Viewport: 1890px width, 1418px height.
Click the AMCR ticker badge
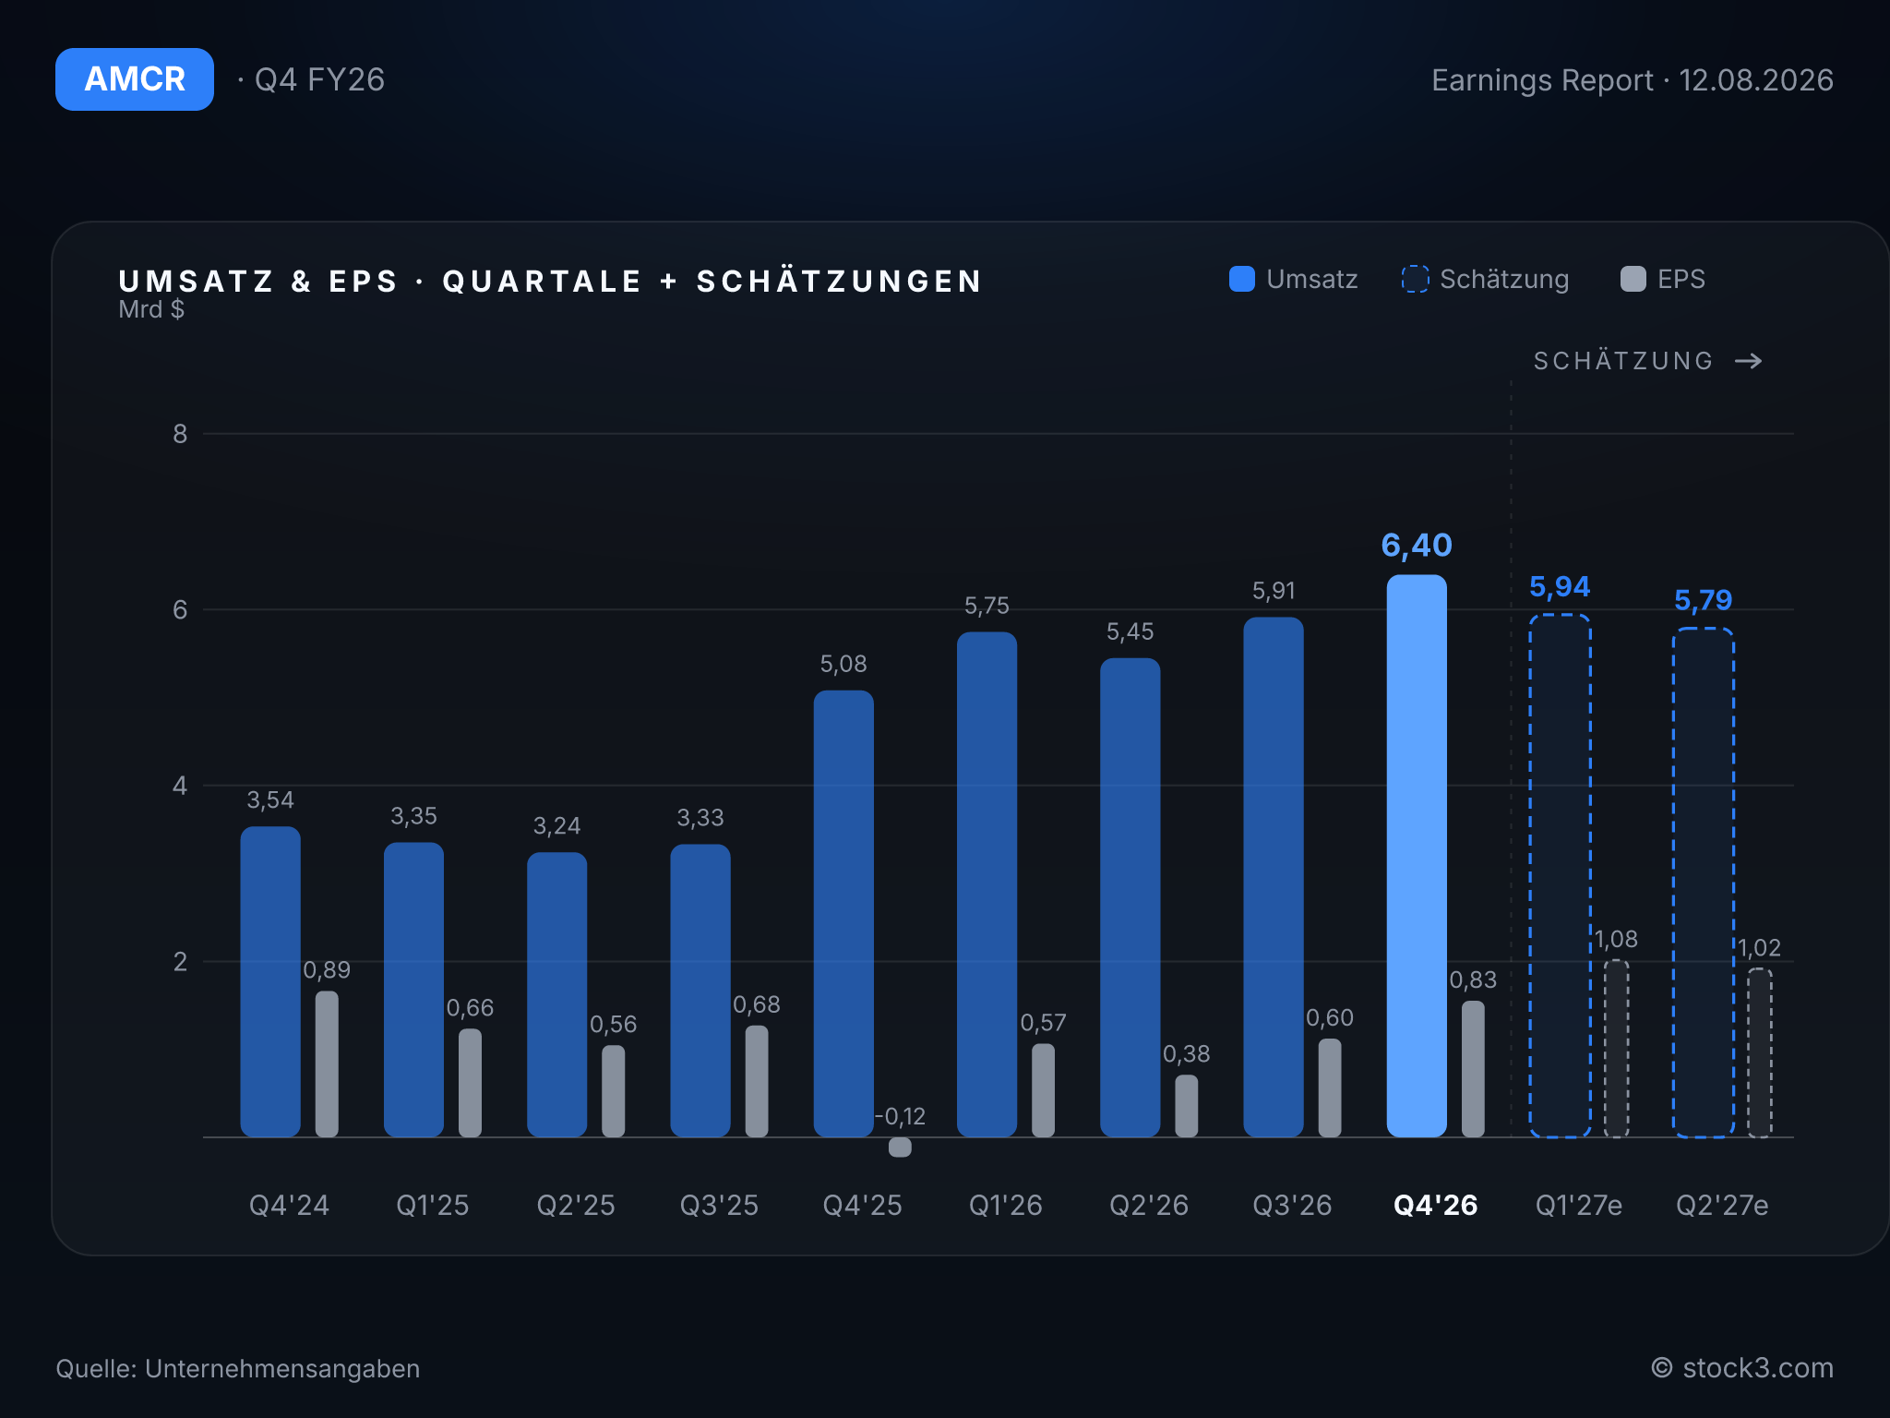(x=135, y=79)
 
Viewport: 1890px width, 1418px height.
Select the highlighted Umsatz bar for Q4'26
(x=1417, y=856)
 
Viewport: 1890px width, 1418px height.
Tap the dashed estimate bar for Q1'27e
(x=1560, y=876)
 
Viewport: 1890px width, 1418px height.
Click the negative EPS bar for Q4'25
(x=900, y=1147)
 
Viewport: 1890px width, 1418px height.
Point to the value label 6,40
(x=1417, y=546)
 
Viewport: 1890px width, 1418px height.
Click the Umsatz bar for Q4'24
(x=270, y=981)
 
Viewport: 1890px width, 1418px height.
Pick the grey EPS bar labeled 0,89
(x=327, y=1063)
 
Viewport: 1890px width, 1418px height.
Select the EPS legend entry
(x=1663, y=279)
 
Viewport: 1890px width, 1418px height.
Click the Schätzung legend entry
(x=1485, y=279)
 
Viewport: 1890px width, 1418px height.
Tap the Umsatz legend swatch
(x=1242, y=279)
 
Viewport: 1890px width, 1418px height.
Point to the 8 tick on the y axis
(x=180, y=434)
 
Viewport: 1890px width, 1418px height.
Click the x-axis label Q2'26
(x=1149, y=1205)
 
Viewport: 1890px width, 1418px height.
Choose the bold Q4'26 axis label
(x=1435, y=1205)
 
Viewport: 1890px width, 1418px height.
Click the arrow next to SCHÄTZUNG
(x=1749, y=361)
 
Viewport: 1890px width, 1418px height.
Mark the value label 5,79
(x=1704, y=600)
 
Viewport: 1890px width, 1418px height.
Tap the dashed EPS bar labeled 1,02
(x=1760, y=1052)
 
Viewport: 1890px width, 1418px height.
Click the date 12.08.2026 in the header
(x=1756, y=80)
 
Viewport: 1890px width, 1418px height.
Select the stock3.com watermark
(x=1742, y=1368)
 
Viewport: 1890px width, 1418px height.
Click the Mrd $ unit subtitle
(x=151, y=309)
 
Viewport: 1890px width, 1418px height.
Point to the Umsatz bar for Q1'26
(x=987, y=884)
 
